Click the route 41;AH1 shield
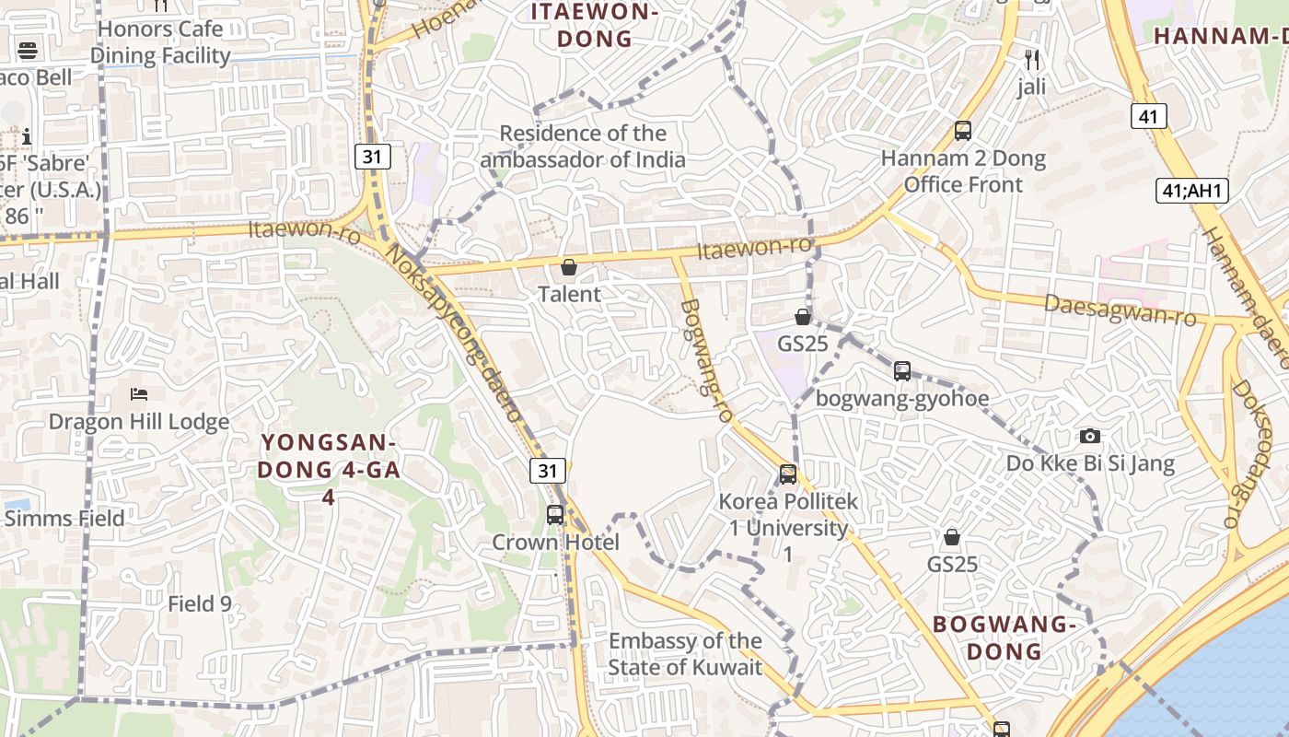point(1192,191)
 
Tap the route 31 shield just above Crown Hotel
point(548,471)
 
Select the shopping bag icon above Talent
point(569,268)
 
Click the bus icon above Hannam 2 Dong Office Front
point(963,131)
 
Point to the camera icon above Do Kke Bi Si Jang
point(1090,436)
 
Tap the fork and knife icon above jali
point(1032,61)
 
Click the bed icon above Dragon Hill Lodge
point(139,394)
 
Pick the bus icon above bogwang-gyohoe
point(902,371)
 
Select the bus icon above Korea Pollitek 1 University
point(788,474)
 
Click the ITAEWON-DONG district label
point(595,26)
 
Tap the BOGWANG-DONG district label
point(1004,638)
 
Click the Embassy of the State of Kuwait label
point(685,654)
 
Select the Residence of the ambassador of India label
point(583,146)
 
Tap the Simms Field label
point(64,519)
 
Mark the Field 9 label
point(200,604)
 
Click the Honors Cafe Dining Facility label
point(160,42)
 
